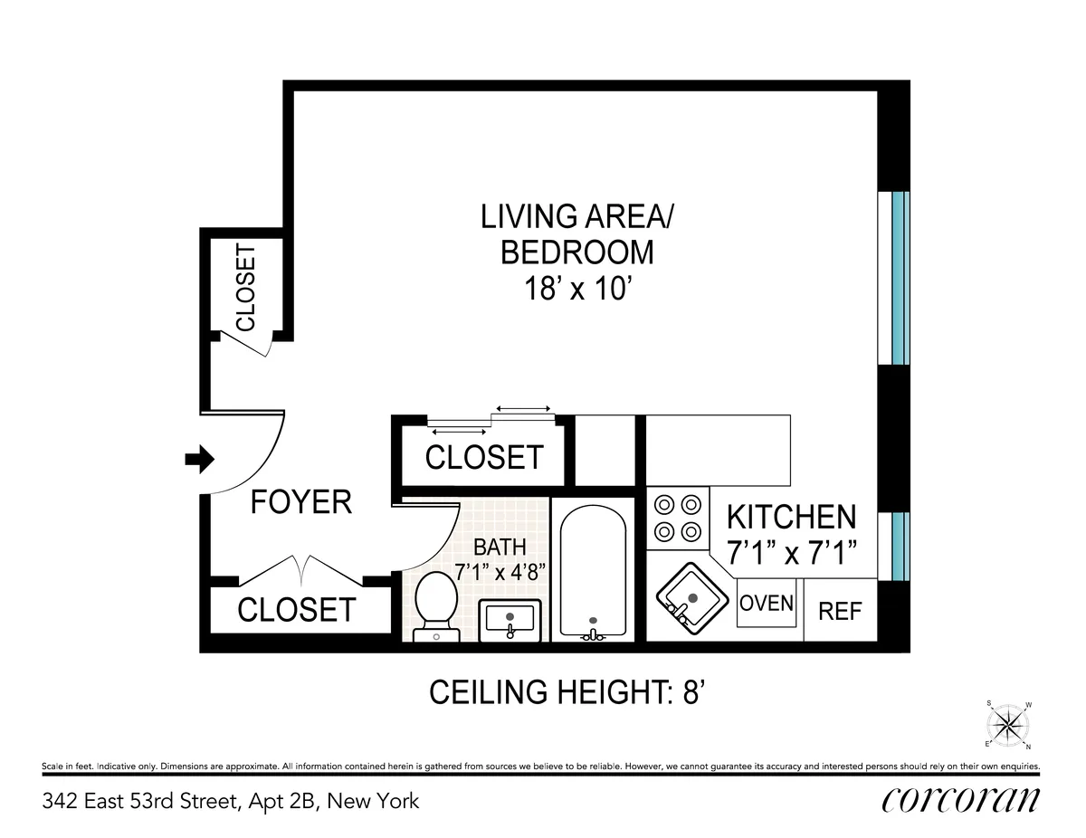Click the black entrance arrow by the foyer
[x=198, y=460]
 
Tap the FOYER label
[x=300, y=501]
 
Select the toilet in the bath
[x=436, y=604]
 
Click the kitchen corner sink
[x=691, y=598]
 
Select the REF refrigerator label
[x=840, y=612]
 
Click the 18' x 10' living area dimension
[x=576, y=290]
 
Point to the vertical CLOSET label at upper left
[x=245, y=288]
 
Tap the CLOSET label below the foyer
[x=296, y=610]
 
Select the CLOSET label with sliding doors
[x=484, y=458]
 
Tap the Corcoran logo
[x=960, y=800]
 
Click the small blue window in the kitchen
[x=897, y=546]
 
